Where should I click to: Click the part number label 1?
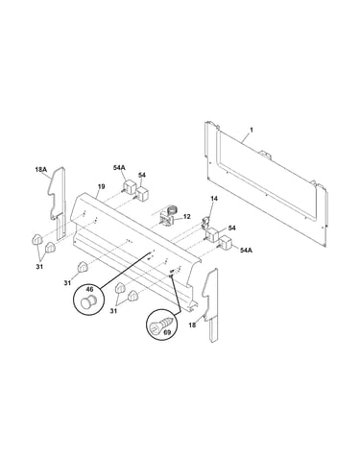pyautogui.click(x=252, y=130)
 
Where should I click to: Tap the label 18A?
pyautogui.click(x=41, y=170)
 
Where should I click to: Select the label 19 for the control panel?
pyautogui.click(x=102, y=186)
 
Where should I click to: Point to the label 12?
pyautogui.click(x=187, y=217)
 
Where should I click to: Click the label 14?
pyautogui.click(x=214, y=199)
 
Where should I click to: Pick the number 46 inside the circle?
pyautogui.click(x=89, y=290)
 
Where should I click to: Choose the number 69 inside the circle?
pyautogui.click(x=167, y=332)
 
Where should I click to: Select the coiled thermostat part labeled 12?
pyautogui.click(x=168, y=215)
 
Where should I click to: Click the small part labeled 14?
pyautogui.click(x=206, y=223)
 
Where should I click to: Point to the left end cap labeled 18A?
pyautogui.click(x=58, y=203)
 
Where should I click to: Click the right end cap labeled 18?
pyautogui.click(x=211, y=304)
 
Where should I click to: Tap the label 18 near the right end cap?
pyautogui.click(x=192, y=325)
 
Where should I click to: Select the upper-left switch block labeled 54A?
pyautogui.click(x=130, y=187)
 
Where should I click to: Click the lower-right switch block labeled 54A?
pyautogui.click(x=225, y=243)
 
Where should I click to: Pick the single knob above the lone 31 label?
pyautogui.click(x=83, y=267)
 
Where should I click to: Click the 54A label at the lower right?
pyautogui.click(x=246, y=250)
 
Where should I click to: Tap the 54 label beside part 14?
pyautogui.click(x=232, y=228)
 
